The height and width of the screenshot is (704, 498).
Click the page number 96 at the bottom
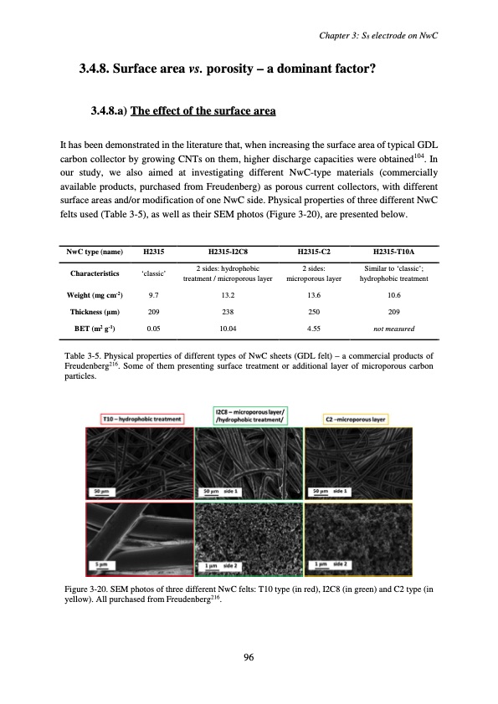249,656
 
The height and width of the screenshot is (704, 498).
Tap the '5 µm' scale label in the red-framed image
100,565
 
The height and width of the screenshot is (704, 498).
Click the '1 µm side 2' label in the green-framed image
221,565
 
